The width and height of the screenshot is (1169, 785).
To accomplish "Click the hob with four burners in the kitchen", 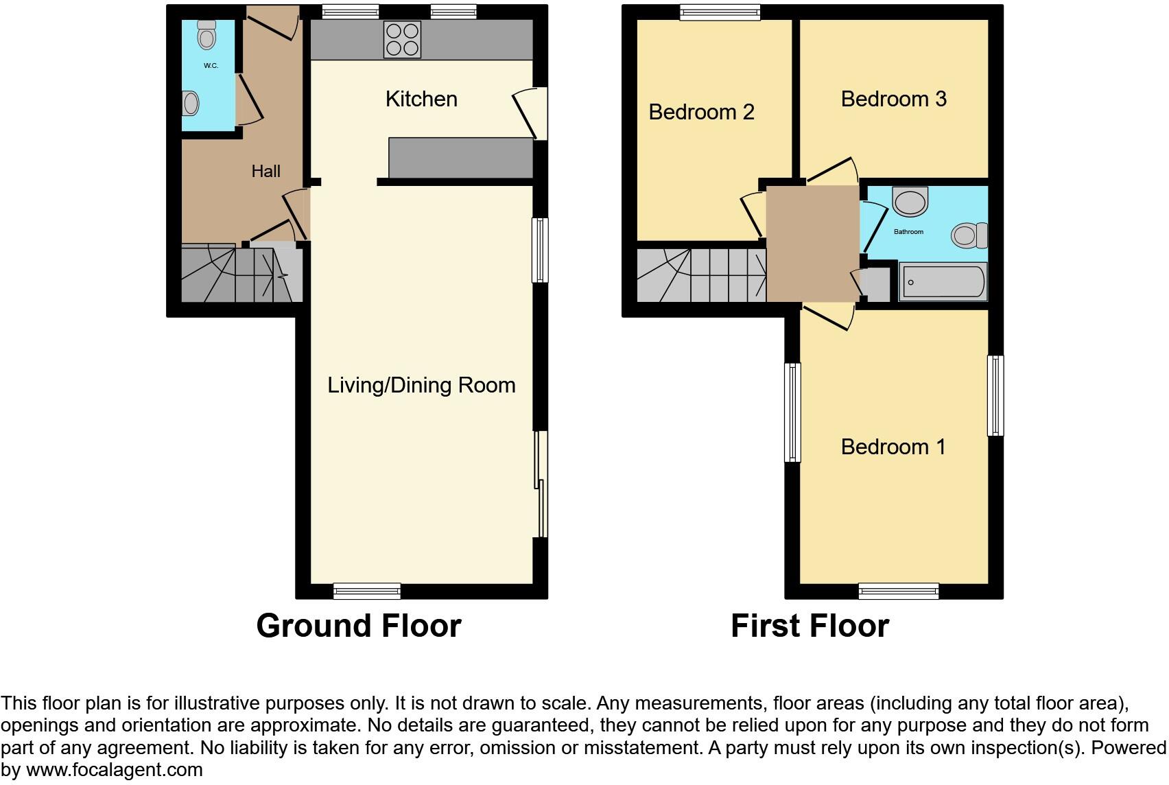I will click(403, 40).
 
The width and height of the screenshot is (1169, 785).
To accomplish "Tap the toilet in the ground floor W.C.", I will click(206, 34).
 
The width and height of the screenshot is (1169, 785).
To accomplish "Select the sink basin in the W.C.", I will click(191, 104).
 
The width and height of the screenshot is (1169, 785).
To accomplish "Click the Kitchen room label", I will click(421, 99).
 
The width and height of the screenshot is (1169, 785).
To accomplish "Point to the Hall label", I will click(265, 171).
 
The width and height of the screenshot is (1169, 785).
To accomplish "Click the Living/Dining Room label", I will click(421, 385).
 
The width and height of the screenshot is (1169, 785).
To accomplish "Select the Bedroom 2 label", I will click(701, 112).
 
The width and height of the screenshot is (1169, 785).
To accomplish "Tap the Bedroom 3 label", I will click(893, 99).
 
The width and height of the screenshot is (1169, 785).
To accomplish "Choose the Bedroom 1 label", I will click(893, 447).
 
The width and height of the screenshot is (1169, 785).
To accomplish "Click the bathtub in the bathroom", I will click(943, 282).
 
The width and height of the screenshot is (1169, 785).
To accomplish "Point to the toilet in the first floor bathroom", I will click(969, 235).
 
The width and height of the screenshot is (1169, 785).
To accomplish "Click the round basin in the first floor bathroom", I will click(910, 202).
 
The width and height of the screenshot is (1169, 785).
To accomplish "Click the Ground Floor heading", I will click(358, 626).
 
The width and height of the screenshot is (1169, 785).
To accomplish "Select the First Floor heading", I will click(810, 626).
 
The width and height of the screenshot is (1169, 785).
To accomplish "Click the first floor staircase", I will click(700, 274).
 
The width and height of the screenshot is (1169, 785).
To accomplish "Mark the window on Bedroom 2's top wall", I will click(720, 12).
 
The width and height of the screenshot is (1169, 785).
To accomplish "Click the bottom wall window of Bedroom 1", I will click(898, 591).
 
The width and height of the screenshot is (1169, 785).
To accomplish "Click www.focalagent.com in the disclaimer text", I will click(115, 770).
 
